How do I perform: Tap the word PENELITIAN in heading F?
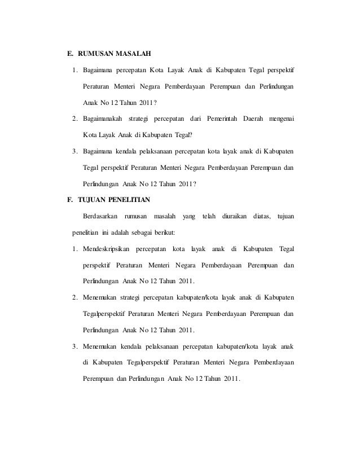pyautogui.click(x=131, y=200)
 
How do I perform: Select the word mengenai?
pyautogui.click(x=283, y=119)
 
